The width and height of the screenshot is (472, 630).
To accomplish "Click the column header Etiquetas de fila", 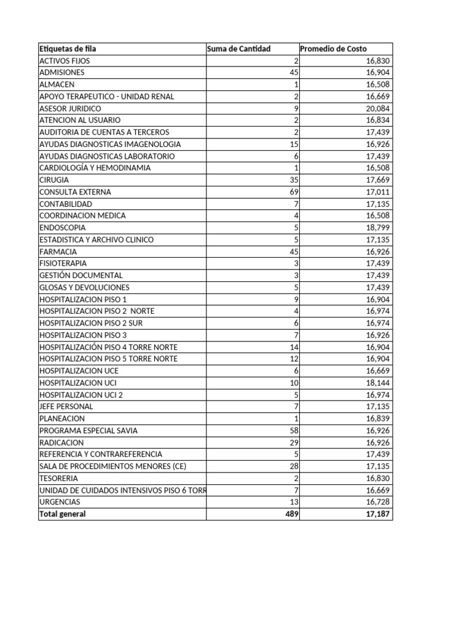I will click(x=68, y=49).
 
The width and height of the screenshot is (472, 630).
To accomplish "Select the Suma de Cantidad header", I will click(x=239, y=49).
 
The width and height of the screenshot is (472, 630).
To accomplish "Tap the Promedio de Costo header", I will click(x=333, y=49).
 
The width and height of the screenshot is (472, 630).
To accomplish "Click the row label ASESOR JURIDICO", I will click(x=70, y=108).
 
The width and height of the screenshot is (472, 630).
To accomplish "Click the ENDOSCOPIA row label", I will click(x=63, y=228).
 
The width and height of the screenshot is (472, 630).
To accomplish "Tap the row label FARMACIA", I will click(x=58, y=252).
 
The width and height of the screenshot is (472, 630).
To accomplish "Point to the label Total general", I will click(x=63, y=514).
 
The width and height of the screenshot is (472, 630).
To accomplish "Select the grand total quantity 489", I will click(x=291, y=514).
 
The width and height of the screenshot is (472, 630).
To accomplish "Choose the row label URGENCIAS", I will click(x=60, y=502).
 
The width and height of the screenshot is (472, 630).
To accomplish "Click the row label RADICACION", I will click(x=61, y=442).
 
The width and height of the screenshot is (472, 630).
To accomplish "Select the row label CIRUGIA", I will click(x=54, y=180).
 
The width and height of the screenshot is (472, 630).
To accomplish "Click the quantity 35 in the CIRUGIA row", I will click(x=293, y=180).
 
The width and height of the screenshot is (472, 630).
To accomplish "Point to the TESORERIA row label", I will click(x=59, y=478).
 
